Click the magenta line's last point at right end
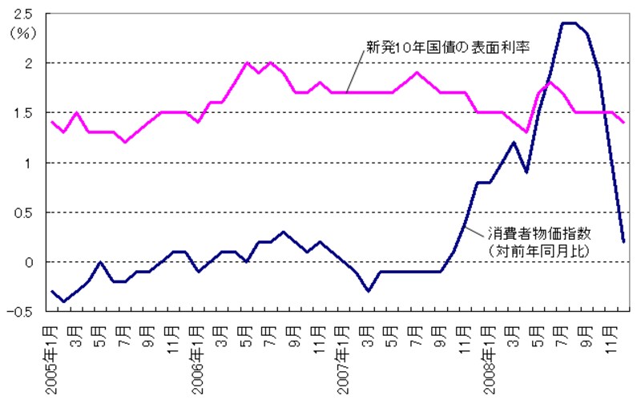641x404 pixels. tap(623, 122)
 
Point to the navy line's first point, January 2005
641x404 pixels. tap(53, 292)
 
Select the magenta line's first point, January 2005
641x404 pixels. tap(53, 122)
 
